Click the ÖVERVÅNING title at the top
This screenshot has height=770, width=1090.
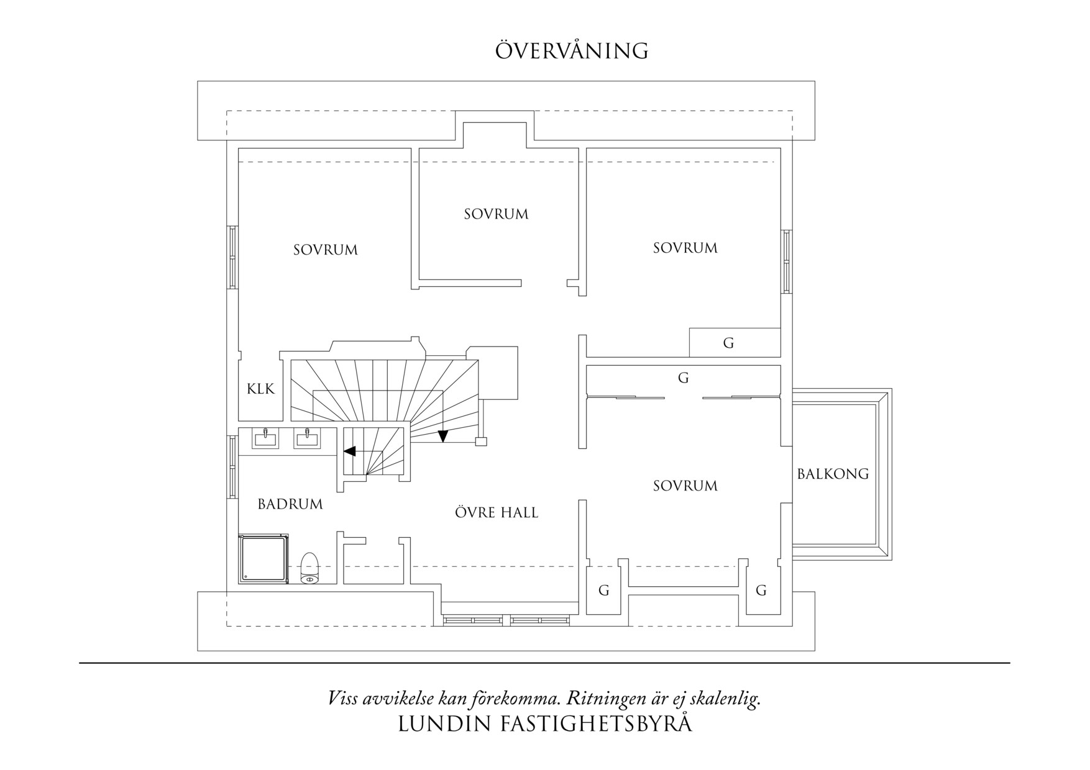click(x=572, y=51)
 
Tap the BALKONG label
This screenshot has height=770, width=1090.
click(x=833, y=474)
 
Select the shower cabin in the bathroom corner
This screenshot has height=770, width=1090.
click(x=263, y=559)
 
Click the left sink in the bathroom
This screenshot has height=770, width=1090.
click(x=265, y=438)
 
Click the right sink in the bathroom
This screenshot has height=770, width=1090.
click(x=307, y=438)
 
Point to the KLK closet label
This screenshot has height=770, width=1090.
click(x=260, y=389)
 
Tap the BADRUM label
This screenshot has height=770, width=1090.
click(x=290, y=504)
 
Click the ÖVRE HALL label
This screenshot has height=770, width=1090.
click(x=496, y=513)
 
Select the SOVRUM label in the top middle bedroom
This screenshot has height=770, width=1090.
click(x=496, y=214)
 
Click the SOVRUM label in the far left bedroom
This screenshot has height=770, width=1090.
click(x=326, y=250)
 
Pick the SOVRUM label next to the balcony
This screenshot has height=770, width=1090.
click(x=685, y=486)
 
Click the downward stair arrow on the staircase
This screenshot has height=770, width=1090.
click(x=442, y=436)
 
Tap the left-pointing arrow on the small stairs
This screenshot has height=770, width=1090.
click(x=350, y=451)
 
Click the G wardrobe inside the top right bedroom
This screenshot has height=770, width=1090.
click(x=728, y=343)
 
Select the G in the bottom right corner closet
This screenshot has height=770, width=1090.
click(x=761, y=591)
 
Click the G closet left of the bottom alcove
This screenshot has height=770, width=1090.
click(x=603, y=591)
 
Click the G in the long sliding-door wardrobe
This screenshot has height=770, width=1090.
click(x=683, y=378)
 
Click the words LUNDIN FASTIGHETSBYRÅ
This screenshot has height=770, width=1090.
click(x=544, y=725)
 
